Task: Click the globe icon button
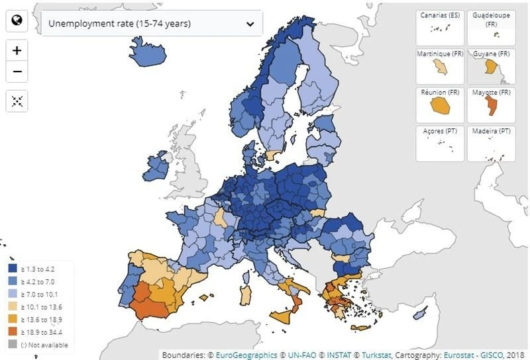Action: (17, 21)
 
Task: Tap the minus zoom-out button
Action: (17, 71)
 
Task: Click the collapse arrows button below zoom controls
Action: (17, 101)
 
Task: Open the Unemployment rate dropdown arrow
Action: (250, 23)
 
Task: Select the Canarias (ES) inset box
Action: (440, 26)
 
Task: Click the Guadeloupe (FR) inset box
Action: (491, 26)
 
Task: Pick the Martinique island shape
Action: (440, 67)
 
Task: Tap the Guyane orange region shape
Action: (491, 66)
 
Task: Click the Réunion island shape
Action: (439, 105)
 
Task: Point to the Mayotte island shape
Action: (491, 105)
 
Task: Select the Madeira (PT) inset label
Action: (491, 131)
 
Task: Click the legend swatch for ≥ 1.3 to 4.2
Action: (13, 269)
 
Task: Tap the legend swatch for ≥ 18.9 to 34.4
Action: (13, 332)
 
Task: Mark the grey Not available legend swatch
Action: (13, 345)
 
